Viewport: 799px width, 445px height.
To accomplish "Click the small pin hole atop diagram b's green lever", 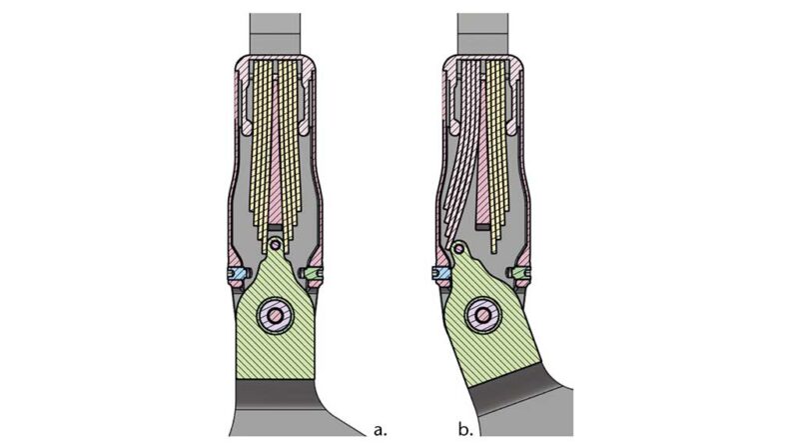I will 456,247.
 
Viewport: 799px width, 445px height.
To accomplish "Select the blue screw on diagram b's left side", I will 437,271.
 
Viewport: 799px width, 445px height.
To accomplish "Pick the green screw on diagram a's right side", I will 312,271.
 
